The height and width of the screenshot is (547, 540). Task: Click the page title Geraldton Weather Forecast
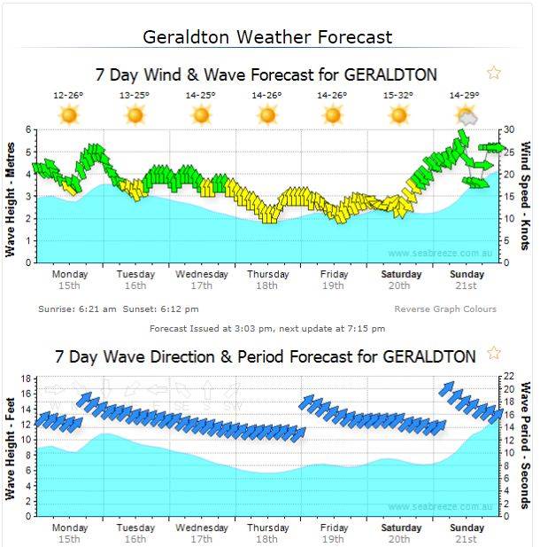(x=267, y=37)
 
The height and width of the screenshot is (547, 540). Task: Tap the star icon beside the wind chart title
(x=494, y=73)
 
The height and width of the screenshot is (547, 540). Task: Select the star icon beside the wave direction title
(x=494, y=354)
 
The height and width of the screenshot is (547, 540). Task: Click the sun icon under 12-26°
(x=68, y=114)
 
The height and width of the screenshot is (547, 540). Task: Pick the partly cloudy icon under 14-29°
(x=466, y=114)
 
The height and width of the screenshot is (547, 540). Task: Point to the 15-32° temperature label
(x=398, y=95)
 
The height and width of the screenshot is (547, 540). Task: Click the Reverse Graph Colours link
(x=445, y=309)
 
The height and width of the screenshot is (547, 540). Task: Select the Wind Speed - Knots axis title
(x=525, y=195)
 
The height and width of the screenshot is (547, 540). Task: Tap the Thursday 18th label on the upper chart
(x=267, y=280)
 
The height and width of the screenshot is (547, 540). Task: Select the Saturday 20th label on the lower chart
(x=398, y=533)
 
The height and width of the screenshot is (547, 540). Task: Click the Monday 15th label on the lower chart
(x=70, y=533)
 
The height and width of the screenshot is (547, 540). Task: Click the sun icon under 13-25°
(x=135, y=114)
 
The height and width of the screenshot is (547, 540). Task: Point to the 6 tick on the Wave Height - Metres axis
(x=29, y=129)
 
